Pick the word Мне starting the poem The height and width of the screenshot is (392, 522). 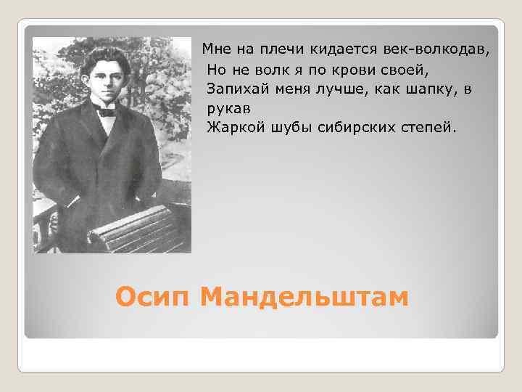216,49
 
